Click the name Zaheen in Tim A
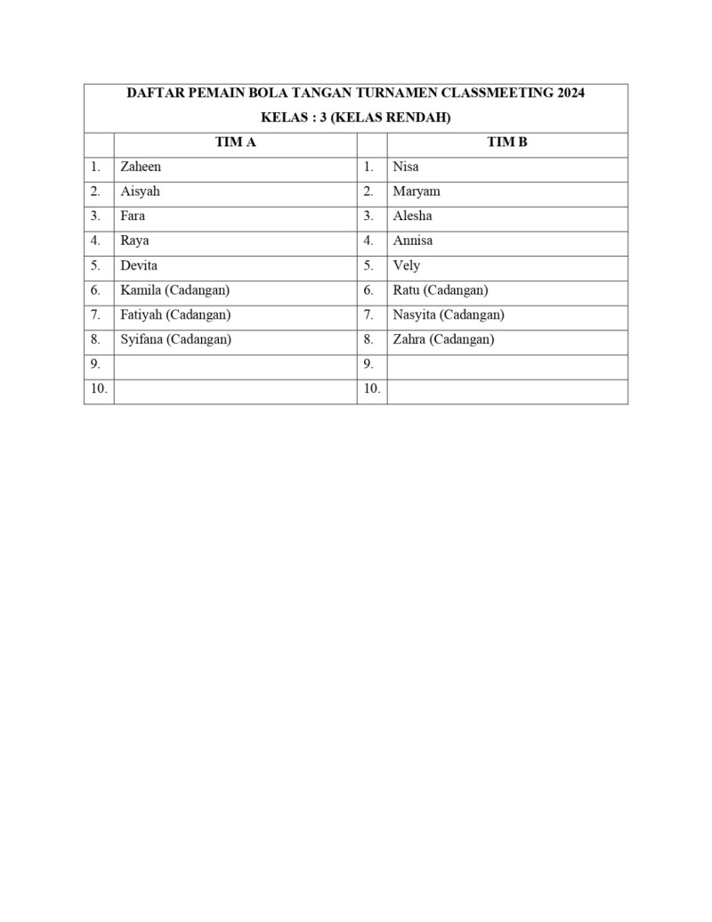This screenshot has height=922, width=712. point(141,167)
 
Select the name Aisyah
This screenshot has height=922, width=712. point(140,192)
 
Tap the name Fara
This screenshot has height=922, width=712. point(133,216)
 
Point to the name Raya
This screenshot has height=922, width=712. point(134,241)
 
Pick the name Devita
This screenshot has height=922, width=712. point(139,265)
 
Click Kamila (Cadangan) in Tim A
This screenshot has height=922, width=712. point(174,290)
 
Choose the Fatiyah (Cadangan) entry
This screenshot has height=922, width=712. point(175,314)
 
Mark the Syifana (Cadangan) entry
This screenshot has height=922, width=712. point(175,339)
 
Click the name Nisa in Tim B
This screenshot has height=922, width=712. point(406,167)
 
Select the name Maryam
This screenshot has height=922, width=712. point(417,192)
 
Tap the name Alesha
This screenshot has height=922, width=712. point(413,216)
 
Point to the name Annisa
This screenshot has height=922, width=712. point(413,241)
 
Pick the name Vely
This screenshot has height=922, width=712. point(407,265)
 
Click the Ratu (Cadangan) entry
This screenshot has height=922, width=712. point(440,290)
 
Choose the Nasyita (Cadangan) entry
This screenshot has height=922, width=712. point(449,314)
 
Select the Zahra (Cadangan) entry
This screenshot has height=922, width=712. point(443,339)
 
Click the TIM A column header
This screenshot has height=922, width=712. point(236,143)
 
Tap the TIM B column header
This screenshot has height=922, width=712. point(507,143)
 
